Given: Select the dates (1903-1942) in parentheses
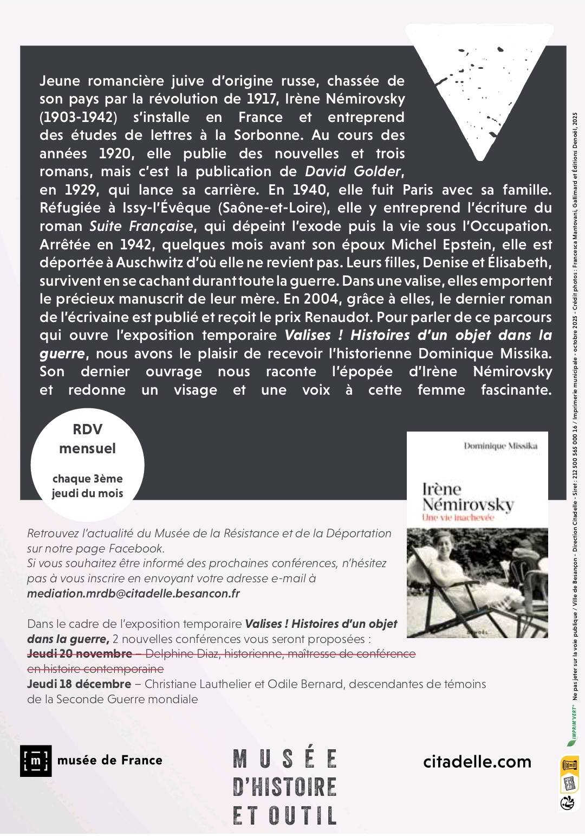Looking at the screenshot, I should pos(79,118).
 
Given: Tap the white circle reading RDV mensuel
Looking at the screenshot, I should pos(88,461).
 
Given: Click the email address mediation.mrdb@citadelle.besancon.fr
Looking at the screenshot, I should pos(133,593).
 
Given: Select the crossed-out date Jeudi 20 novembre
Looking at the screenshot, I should pos(80,654).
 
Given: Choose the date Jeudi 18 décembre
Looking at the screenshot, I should pos(79,684).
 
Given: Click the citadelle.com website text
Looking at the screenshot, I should pos(477,762).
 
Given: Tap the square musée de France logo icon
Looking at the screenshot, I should pos(36,761).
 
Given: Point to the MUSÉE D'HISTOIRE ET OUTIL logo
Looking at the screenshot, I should pos(285,786).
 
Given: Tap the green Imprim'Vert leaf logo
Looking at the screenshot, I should pos(570,736).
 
